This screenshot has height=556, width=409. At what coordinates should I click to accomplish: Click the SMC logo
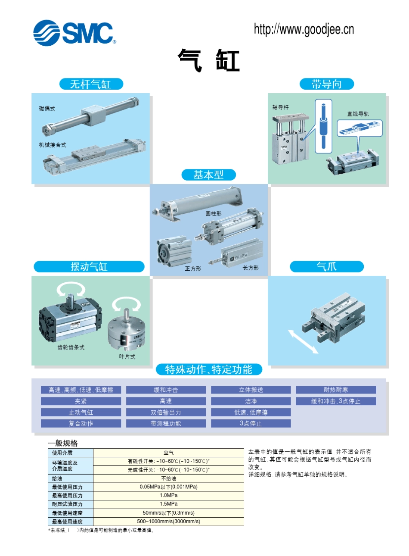tap(74, 33)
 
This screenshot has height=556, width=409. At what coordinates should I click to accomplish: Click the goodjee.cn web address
tap(304, 29)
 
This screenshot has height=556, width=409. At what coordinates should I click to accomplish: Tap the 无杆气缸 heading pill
tap(91, 84)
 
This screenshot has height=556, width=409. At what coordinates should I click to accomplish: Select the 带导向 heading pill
tap(326, 84)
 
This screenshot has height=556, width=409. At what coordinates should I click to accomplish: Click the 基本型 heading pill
tap(208, 175)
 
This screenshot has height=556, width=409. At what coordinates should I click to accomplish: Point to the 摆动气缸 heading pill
tap(89, 267)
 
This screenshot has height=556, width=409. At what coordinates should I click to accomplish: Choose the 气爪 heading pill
tap(326, 267)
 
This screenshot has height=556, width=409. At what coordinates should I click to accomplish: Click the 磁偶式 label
tap(47, 109)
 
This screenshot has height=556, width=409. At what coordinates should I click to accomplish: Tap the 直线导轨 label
tap(358, 114)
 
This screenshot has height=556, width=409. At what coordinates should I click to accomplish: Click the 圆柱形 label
tap(214, 213)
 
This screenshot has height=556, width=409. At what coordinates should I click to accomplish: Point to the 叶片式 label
tap(127, 356)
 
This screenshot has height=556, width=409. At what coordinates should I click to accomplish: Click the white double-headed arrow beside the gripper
tap(304, 342)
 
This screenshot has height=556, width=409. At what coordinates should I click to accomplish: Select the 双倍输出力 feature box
tap(166, 412)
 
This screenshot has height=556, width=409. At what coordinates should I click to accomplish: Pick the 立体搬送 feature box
tap(251, 390)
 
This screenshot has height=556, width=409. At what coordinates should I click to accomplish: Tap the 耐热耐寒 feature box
tap(336, 390)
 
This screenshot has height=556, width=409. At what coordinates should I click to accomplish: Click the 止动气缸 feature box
tap(81, 412)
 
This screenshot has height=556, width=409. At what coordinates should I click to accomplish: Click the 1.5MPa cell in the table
tap(168, 504)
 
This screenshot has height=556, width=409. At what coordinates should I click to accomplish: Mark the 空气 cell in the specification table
tap(168, 453)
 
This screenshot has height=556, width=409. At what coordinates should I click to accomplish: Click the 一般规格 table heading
tap(63, 443)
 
